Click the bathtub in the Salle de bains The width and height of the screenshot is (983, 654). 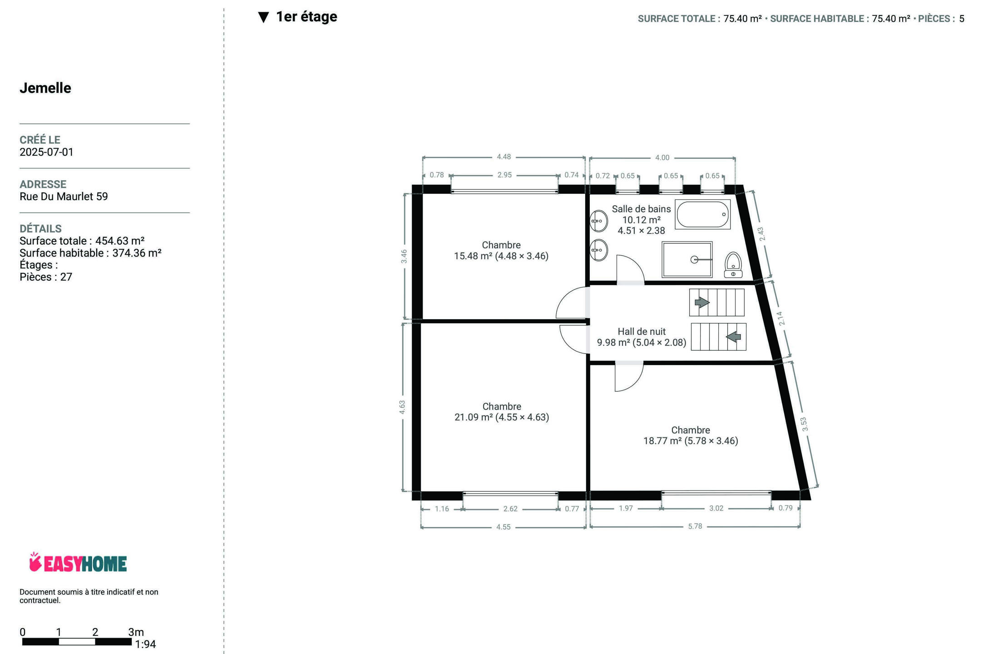pos(702,214)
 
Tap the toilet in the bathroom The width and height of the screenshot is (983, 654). pos(733,265)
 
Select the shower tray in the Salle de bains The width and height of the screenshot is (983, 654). pos(687,259)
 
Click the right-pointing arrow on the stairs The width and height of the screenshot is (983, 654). pos(702,302)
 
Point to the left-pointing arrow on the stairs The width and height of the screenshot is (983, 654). pos(733,337)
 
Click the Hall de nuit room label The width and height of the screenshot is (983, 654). pos(642,332)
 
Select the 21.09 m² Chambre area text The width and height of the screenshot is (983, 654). pos(502,417)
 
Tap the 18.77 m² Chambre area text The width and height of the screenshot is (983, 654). pos(691,441)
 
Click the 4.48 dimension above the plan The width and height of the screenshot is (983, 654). pos(504,157)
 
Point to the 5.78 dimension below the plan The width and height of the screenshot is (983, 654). pos(695,526)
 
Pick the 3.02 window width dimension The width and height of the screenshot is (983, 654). pos(716,508)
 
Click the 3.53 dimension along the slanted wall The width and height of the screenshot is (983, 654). pos(804,424)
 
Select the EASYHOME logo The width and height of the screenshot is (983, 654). pos(78,563)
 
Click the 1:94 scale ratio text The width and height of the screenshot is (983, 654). pos(145,644)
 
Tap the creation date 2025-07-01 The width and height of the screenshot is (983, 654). pos(46,152)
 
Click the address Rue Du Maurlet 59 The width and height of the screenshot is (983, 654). pos(64,196)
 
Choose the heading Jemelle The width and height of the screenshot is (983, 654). pos(45,88)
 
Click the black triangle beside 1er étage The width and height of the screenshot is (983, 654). pos(263,17)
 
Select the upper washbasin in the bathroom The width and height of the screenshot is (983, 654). pos(598,221)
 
